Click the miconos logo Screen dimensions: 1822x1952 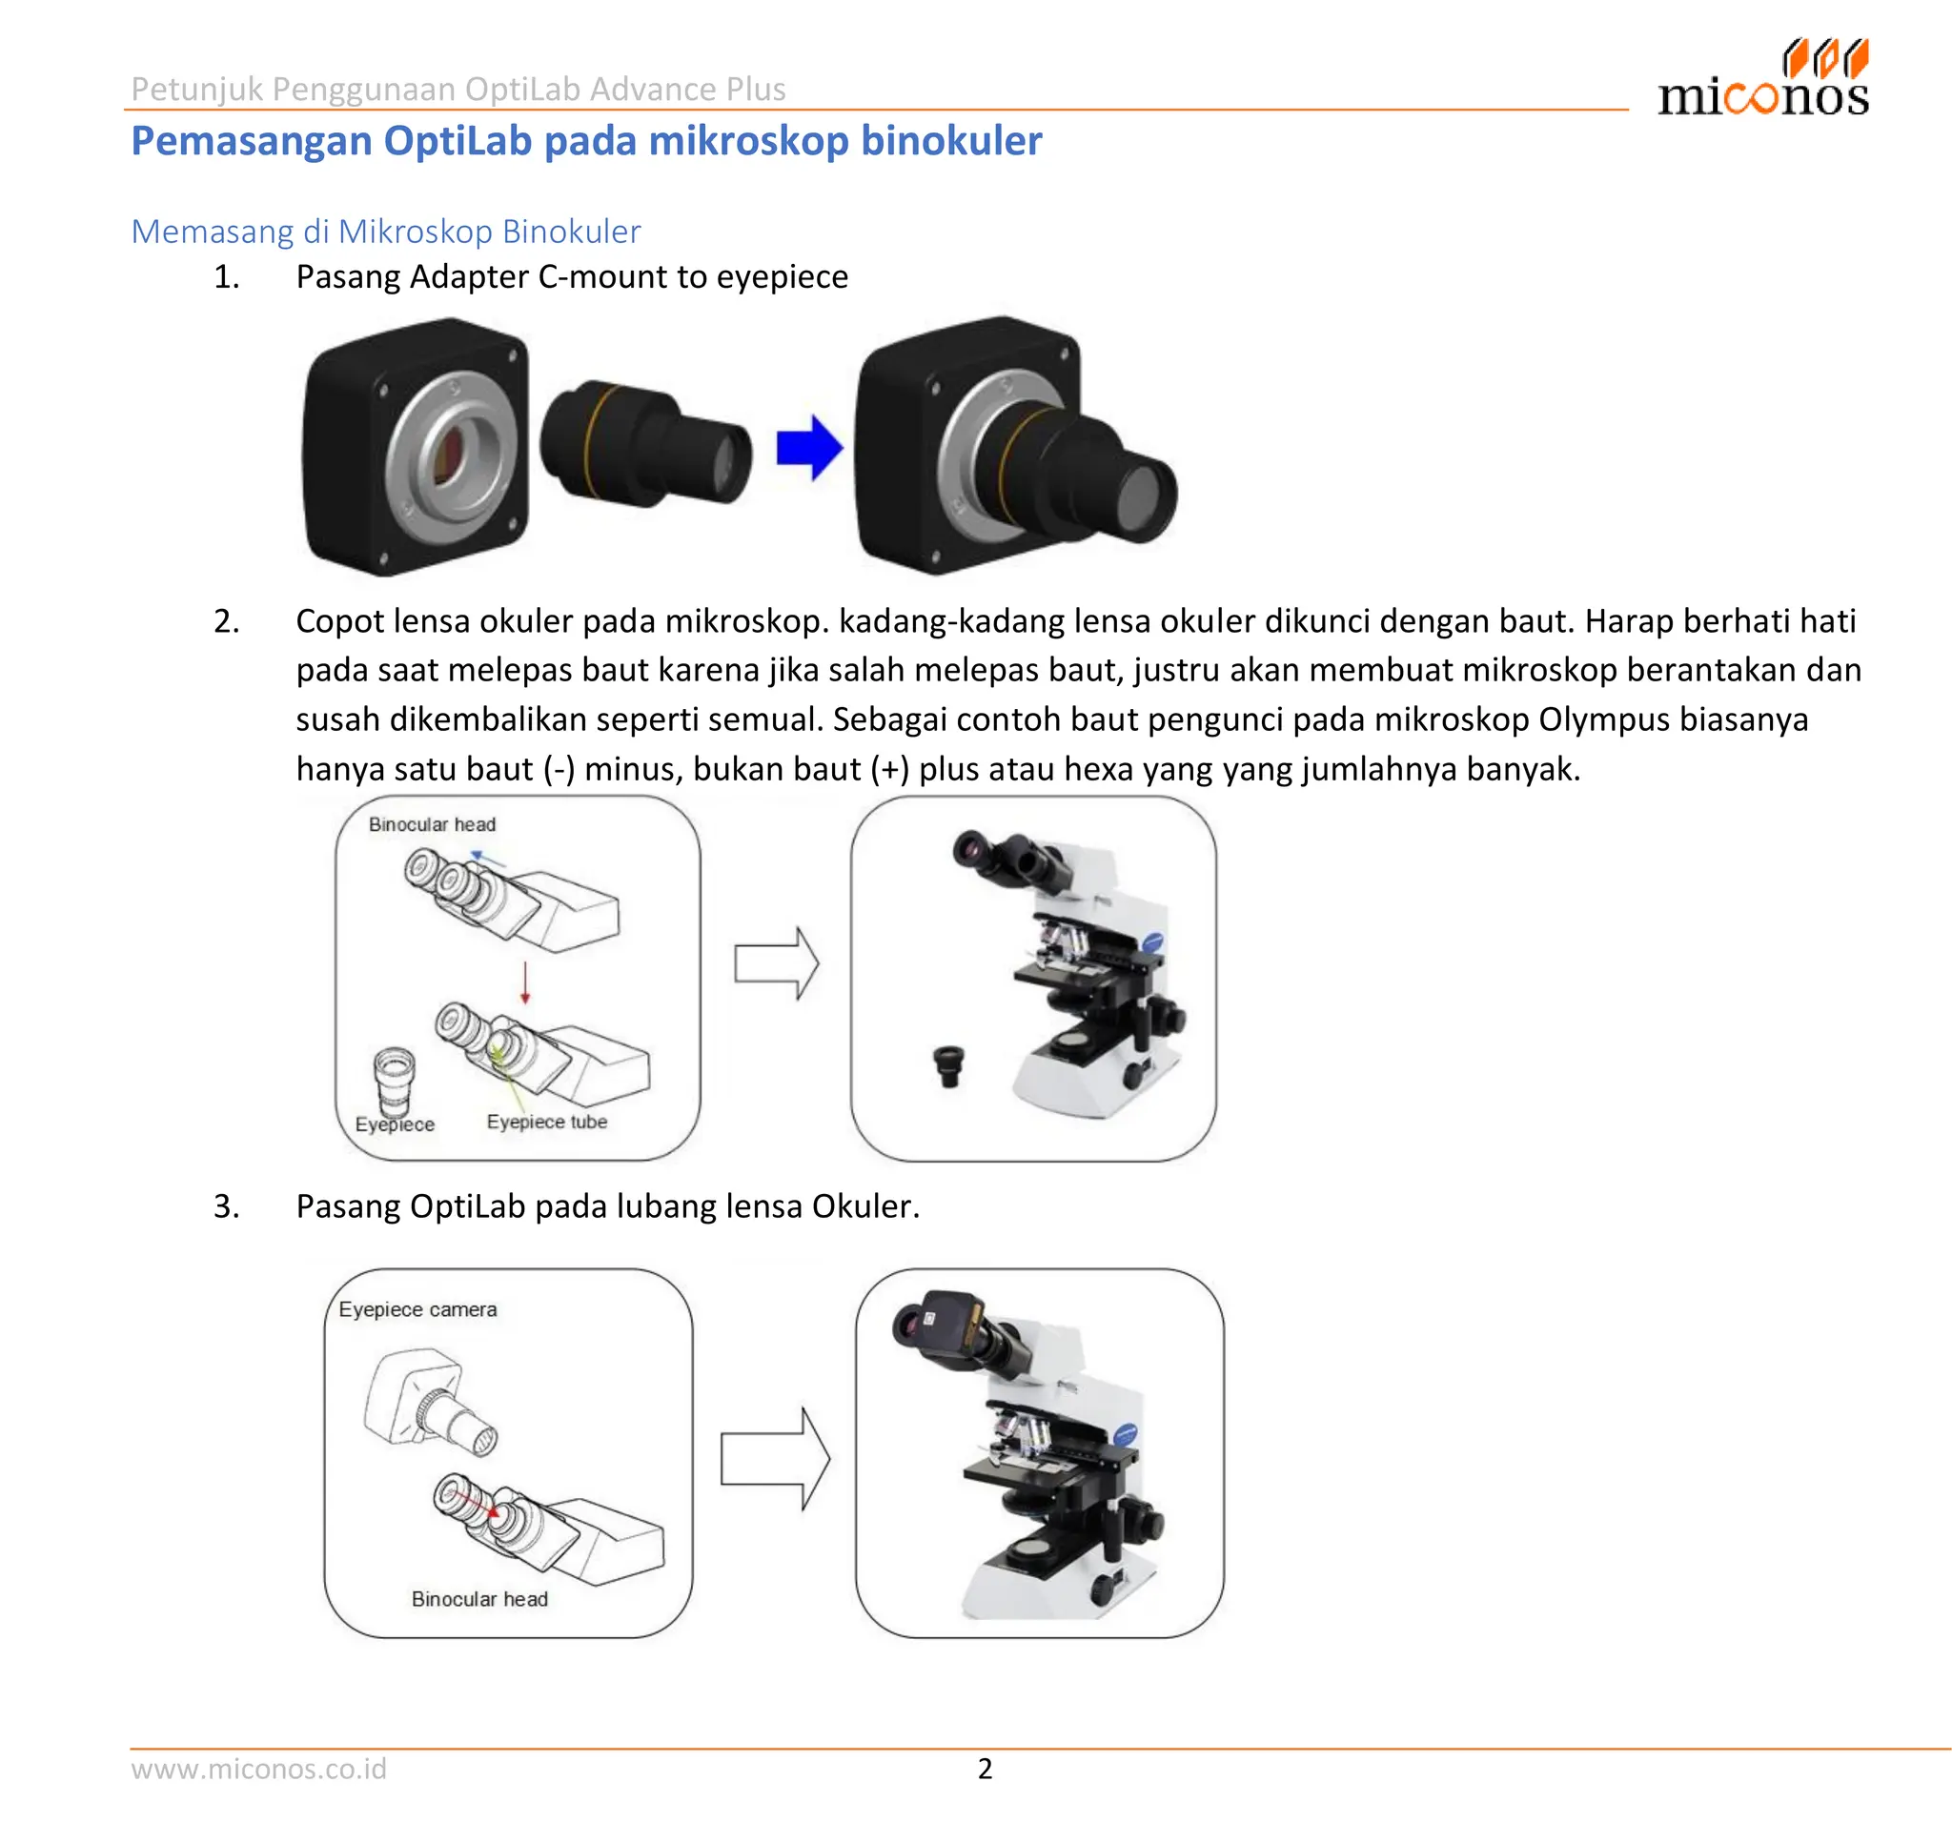(1763, 80)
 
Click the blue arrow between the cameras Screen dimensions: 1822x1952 (807, 448)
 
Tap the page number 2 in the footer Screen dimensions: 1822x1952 (985, 1768)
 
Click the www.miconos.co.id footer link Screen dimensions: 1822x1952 (259, 1768)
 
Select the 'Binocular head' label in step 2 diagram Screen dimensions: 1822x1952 (432, 824)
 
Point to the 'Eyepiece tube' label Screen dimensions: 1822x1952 (547, 1121)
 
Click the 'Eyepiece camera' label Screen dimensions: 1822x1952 (417, 1308)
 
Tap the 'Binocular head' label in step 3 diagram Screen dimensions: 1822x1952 (479, 1598)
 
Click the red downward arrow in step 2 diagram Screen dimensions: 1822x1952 (525, 982)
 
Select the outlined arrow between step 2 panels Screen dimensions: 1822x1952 (776, 963)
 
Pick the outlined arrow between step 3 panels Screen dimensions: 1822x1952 (774, 1459)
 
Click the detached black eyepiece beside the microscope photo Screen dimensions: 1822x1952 (948, 1065)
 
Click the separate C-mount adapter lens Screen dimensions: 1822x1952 (645, 444)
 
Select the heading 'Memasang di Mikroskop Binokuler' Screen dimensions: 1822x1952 (386, 232)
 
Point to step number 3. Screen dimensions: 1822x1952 (227, 1205)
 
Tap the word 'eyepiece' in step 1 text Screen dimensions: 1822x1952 (782, 277)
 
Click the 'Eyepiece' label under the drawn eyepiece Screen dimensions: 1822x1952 (395, 1124)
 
